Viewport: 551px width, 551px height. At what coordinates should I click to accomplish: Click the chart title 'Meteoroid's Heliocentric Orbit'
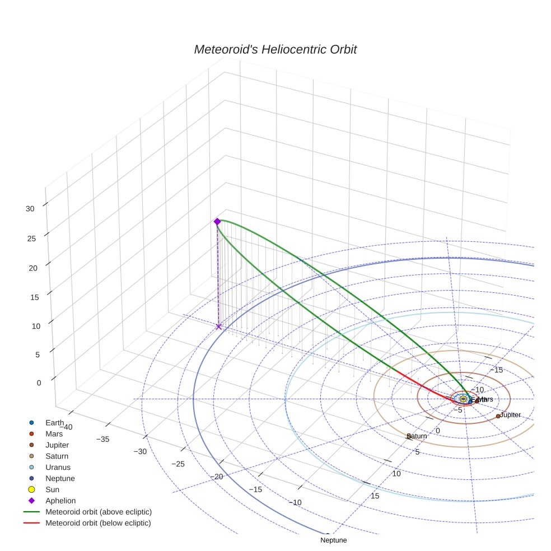click(x=275, y=49)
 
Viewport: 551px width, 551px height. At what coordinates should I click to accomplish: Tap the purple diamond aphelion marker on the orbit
click(x=217, y=222)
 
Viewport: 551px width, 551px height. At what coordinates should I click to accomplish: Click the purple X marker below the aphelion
click(x=218, y=326)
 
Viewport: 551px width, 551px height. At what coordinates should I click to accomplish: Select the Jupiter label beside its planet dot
click(x=510, y=415)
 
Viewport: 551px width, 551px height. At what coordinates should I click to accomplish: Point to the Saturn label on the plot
click(x=417, y=436)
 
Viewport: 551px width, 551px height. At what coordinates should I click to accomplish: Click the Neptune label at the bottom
click(x=333, y=540)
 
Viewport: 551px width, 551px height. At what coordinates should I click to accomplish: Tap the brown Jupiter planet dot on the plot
click(x=498, y=416)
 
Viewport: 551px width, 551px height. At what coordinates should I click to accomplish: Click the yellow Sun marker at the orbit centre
click(x=463, y=398)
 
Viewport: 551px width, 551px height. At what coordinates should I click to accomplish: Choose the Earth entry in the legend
click(x=55, y=423)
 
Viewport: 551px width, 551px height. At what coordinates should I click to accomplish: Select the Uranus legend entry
click(x=58, y=467)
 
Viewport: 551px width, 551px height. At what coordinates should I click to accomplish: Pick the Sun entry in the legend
click(x=52, y=489)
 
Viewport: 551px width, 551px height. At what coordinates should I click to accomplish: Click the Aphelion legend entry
click(x=60, y=501)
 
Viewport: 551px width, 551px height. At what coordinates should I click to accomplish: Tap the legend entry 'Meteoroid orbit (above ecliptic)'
click(x=98, y=512)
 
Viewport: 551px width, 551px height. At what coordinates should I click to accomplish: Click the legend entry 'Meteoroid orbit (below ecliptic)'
click(x=98, y=523)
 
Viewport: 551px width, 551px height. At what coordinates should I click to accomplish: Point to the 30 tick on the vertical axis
click(x=30, y=208)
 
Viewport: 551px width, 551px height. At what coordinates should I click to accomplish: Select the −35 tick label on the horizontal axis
click(x=102, y=440)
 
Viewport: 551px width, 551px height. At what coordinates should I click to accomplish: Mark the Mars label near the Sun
click(x=485, y=399)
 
